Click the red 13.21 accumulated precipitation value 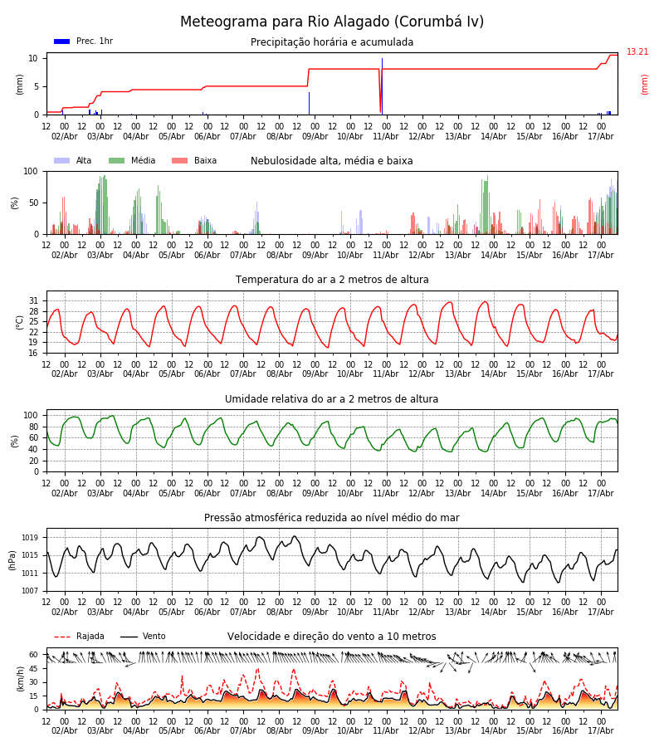(637, 51)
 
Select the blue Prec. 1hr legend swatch (62, 41)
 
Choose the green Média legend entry (132, 160)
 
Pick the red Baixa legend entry (194, 160)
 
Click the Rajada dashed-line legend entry (79, 636)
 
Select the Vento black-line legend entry (143, 636)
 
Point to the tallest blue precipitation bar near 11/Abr (382, 86)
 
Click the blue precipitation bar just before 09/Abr (309, 104)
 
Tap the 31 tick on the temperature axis (33, 301)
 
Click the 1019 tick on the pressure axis (30, 538)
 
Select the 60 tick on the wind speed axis (33, 655)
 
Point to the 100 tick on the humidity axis (31, 416)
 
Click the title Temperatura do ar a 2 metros (332, 280)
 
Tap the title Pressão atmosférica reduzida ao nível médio (332, 517)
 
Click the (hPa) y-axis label (12, 560)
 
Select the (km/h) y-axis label (20, 679)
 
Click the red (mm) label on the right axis (644, 85)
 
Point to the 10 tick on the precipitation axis (33, 58)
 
